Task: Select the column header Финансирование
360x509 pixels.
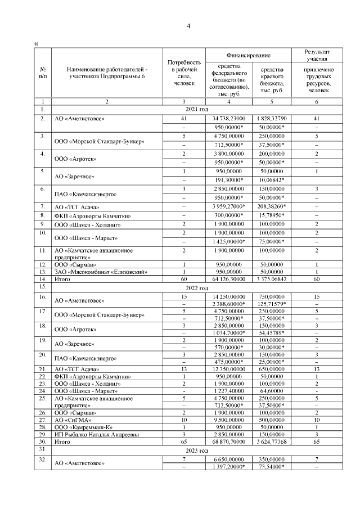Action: [248, 55]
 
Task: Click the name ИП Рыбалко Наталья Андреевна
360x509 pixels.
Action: [97, 434]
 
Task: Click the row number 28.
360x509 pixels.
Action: [42, 427]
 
